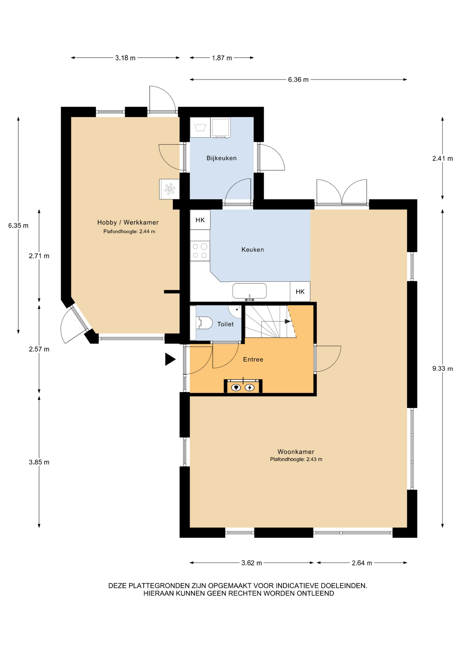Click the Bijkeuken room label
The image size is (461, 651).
click(221, 158)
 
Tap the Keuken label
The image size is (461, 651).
click(253, 250)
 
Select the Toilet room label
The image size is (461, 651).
click(225, 324)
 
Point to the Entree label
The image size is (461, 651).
click(253, 359)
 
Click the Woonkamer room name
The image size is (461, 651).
click(296, 452)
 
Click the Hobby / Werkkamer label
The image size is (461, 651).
click(128, 222)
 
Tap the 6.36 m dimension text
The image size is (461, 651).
click(298, 80)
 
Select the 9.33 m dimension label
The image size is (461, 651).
click(442, 369)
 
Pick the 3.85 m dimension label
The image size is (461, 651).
click(39, 462)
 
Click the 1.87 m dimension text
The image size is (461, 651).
click(222, 58)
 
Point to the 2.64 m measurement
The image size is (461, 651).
click(362, 563)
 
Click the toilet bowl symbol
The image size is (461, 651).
click(204, 323)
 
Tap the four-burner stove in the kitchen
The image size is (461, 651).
click(200, 251)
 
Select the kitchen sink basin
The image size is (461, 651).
click(250, 291)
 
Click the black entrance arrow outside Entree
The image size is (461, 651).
click(170, 359)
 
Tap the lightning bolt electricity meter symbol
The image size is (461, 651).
click(250, 387)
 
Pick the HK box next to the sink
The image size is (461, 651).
click(300, 291)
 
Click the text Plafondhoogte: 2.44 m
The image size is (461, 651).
click(129, 232)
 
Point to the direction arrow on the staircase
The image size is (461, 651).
click(288, 321)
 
